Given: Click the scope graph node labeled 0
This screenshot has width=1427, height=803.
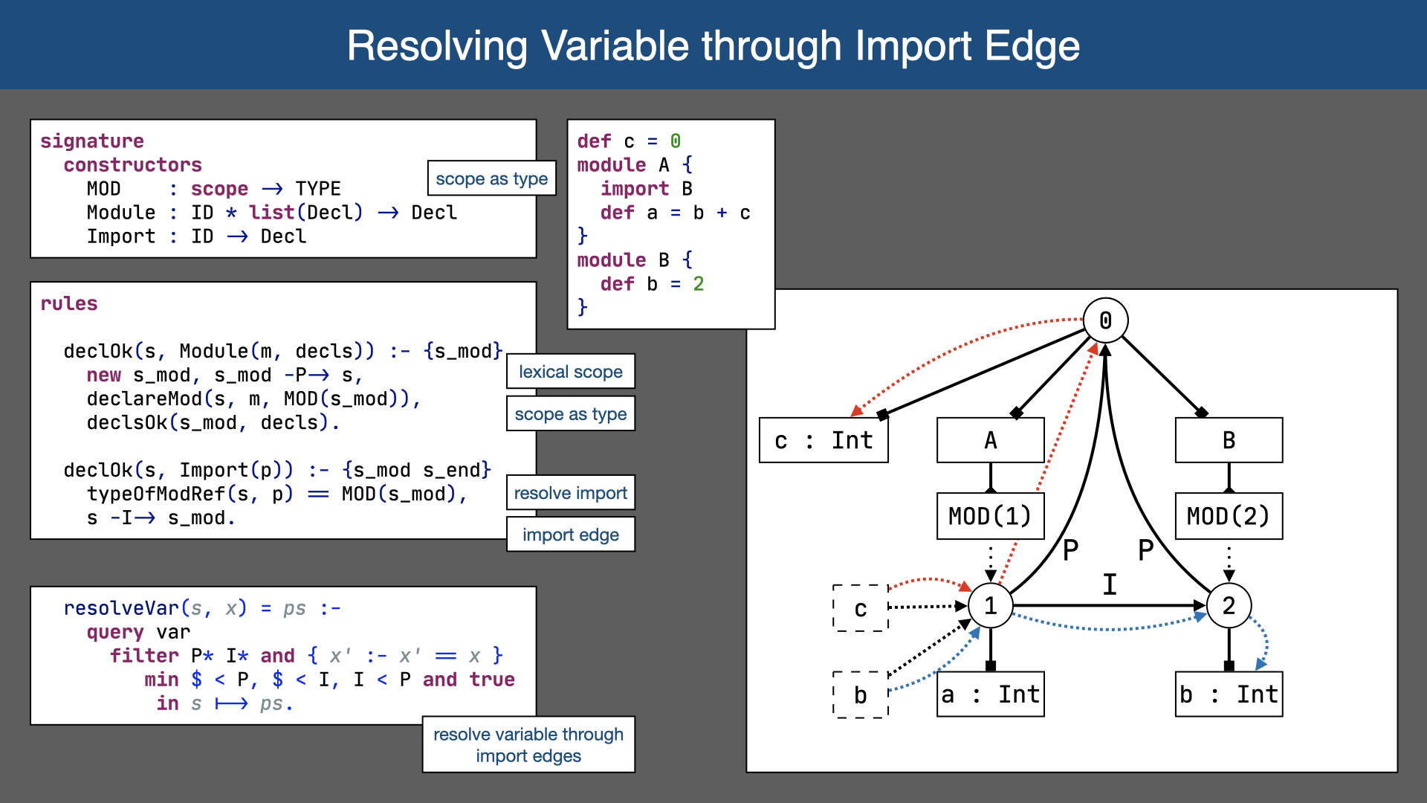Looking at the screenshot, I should [1105, 320].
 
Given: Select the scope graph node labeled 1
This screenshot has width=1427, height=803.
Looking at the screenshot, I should [990, 606].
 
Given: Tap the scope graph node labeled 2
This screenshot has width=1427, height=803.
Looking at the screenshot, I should [1229, 606].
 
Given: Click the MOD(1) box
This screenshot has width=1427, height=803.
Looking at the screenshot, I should [990, 516].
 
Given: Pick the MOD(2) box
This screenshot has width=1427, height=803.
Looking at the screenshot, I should [1229, 516].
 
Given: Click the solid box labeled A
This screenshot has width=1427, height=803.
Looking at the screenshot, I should [990, 440].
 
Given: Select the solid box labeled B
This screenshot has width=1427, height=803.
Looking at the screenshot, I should [1229, 440].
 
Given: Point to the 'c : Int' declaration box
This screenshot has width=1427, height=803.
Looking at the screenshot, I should [823, 440].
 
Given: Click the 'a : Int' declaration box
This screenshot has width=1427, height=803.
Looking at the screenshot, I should [990, 694].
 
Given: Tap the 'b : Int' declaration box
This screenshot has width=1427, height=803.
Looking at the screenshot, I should [1229, 694].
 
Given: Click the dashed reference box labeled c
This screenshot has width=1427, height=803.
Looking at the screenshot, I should [861, 608].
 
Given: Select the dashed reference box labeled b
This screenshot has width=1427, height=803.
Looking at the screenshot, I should [861, 694].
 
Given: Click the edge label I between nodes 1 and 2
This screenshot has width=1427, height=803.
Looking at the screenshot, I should [1109, 584].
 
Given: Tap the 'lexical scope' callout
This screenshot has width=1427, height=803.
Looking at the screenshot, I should [570, 372].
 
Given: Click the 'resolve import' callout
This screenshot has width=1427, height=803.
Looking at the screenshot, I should [570, 493].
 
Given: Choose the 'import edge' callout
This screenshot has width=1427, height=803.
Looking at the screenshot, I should [570, 535].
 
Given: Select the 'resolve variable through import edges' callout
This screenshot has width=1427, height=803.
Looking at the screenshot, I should [528, 744].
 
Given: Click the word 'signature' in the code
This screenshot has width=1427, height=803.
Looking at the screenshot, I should [92, 141].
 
